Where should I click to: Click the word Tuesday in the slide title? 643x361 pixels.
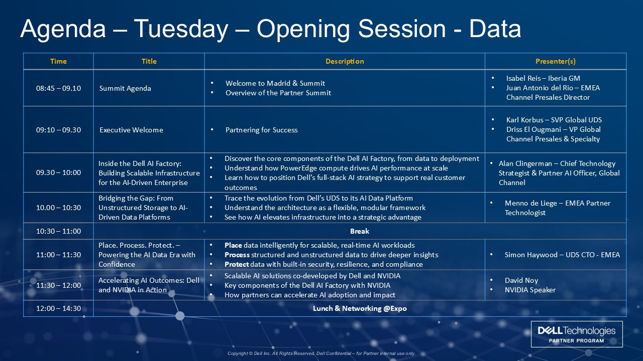(181, 29)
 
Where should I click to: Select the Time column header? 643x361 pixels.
(58, 61)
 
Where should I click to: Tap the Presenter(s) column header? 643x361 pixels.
(556, 61)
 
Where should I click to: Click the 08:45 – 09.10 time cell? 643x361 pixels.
(58, 88)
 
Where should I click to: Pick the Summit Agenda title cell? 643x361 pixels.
(125, 88)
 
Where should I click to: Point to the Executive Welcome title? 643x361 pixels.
(131, 130)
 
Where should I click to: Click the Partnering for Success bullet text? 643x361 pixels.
(262, 130)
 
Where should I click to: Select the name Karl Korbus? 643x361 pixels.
(525, 120)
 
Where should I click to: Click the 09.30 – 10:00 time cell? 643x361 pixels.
(58, 172)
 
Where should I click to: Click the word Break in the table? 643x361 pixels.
(359, 231)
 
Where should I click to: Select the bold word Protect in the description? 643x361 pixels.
(237, 264)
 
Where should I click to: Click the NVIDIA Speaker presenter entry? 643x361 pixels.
(530, 290)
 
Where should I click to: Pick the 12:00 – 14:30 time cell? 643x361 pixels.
(58, 308)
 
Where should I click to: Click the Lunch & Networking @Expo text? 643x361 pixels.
(360, 308)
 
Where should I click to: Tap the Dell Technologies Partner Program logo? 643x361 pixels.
(577, 334)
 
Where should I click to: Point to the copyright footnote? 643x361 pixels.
(321, 353)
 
